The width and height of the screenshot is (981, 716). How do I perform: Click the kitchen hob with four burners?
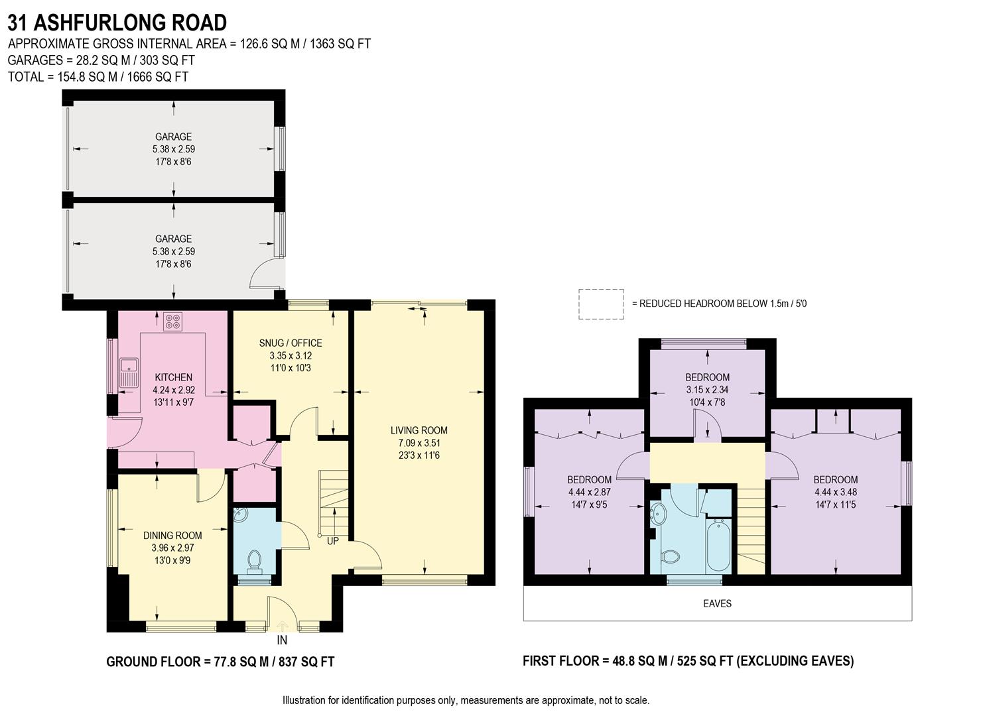click(172, 322)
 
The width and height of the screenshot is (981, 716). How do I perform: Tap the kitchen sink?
click(127, 372)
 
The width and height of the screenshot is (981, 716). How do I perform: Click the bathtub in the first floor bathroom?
click(718, 546)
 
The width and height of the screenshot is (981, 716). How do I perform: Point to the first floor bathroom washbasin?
click(659, 513)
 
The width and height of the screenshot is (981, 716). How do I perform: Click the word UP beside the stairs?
click(333, 541)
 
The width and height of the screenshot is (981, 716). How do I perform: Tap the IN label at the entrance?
click(282, 640)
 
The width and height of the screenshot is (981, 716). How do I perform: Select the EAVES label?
click(717, 603)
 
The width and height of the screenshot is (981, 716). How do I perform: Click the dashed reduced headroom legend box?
click(601, 304)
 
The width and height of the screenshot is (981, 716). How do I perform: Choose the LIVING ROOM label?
click(419, 430)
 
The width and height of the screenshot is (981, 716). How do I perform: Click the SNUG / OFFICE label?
click(291, 343)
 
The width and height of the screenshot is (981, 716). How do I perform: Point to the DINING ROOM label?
click(172, 535)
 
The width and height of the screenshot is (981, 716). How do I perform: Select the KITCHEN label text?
click(173, 377)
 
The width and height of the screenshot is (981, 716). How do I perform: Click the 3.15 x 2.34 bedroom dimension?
click(707, 390)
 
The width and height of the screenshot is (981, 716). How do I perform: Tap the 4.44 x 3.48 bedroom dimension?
click(835, 492)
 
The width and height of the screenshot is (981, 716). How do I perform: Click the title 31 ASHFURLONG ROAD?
click(117, 23)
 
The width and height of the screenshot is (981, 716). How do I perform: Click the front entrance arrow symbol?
click(283, 625)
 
